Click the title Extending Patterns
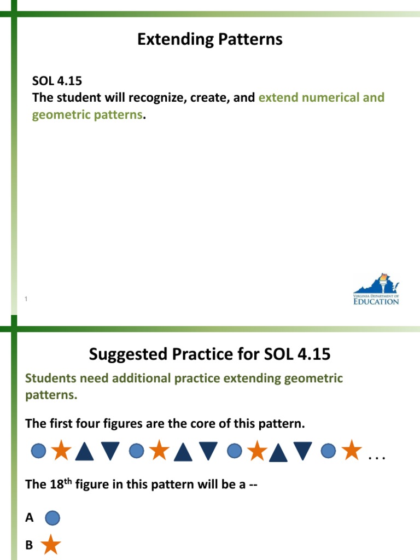coord(210,39)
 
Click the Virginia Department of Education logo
coord(376,289)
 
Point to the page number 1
coord(26,298)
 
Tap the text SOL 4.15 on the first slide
coord(57,81)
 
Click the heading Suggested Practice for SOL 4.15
coord(210,354)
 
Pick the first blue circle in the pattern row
coord(38,451)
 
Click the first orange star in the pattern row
coord(61,451)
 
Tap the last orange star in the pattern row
coord(351,451)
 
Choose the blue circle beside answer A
coord(51,518)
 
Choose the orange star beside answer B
coord(51,545)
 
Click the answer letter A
coord(30,518)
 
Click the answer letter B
coord(30,545)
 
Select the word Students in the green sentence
coord(50,378)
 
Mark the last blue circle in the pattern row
coord(328,451)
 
